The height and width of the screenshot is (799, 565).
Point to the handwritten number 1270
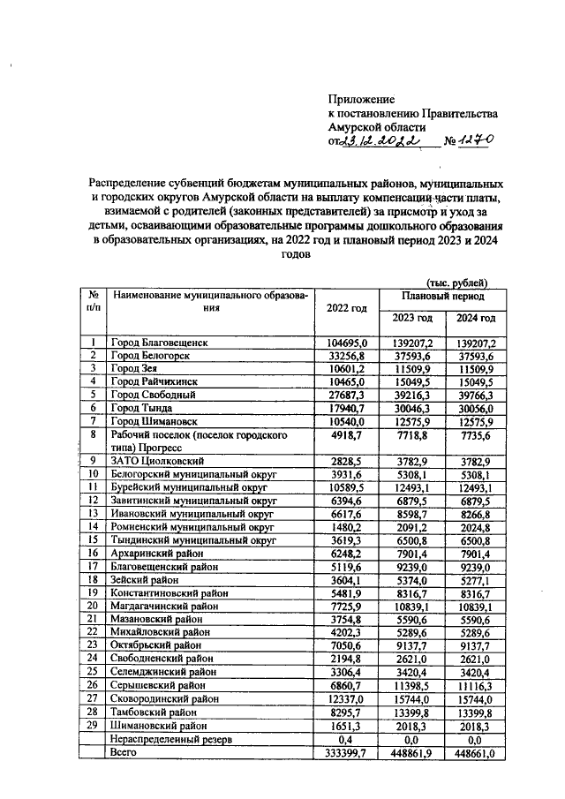point(473,140)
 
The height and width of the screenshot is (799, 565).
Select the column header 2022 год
point(346,307)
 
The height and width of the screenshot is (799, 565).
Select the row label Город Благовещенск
point(159,342)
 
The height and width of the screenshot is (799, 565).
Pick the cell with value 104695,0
point(347,342)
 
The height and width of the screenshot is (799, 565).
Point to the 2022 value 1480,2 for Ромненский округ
point(347,527)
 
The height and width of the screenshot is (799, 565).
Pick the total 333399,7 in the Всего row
point(347,751)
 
